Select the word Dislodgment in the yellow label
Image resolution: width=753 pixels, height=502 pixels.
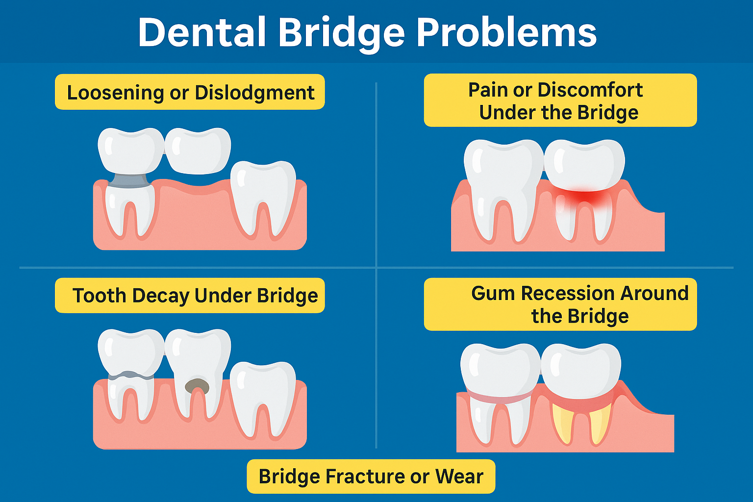point(254,93)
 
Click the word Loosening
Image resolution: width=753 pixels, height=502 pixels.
point(115,93)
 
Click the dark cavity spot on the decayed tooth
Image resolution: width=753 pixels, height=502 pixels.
point(197,386)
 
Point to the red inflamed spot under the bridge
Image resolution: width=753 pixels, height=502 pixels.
point(584,197)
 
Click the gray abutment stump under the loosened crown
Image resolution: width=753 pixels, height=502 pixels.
point(130,180)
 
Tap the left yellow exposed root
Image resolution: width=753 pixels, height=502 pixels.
point(562,423)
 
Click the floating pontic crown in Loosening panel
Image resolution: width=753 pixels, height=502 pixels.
point(198,151)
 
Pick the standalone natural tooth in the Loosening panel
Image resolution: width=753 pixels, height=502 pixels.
point(263,198)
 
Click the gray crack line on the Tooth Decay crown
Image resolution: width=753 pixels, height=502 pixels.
point(131,375)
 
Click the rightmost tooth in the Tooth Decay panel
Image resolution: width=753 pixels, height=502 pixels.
point(263,399)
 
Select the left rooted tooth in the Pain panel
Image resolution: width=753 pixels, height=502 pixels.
point(503,190)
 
